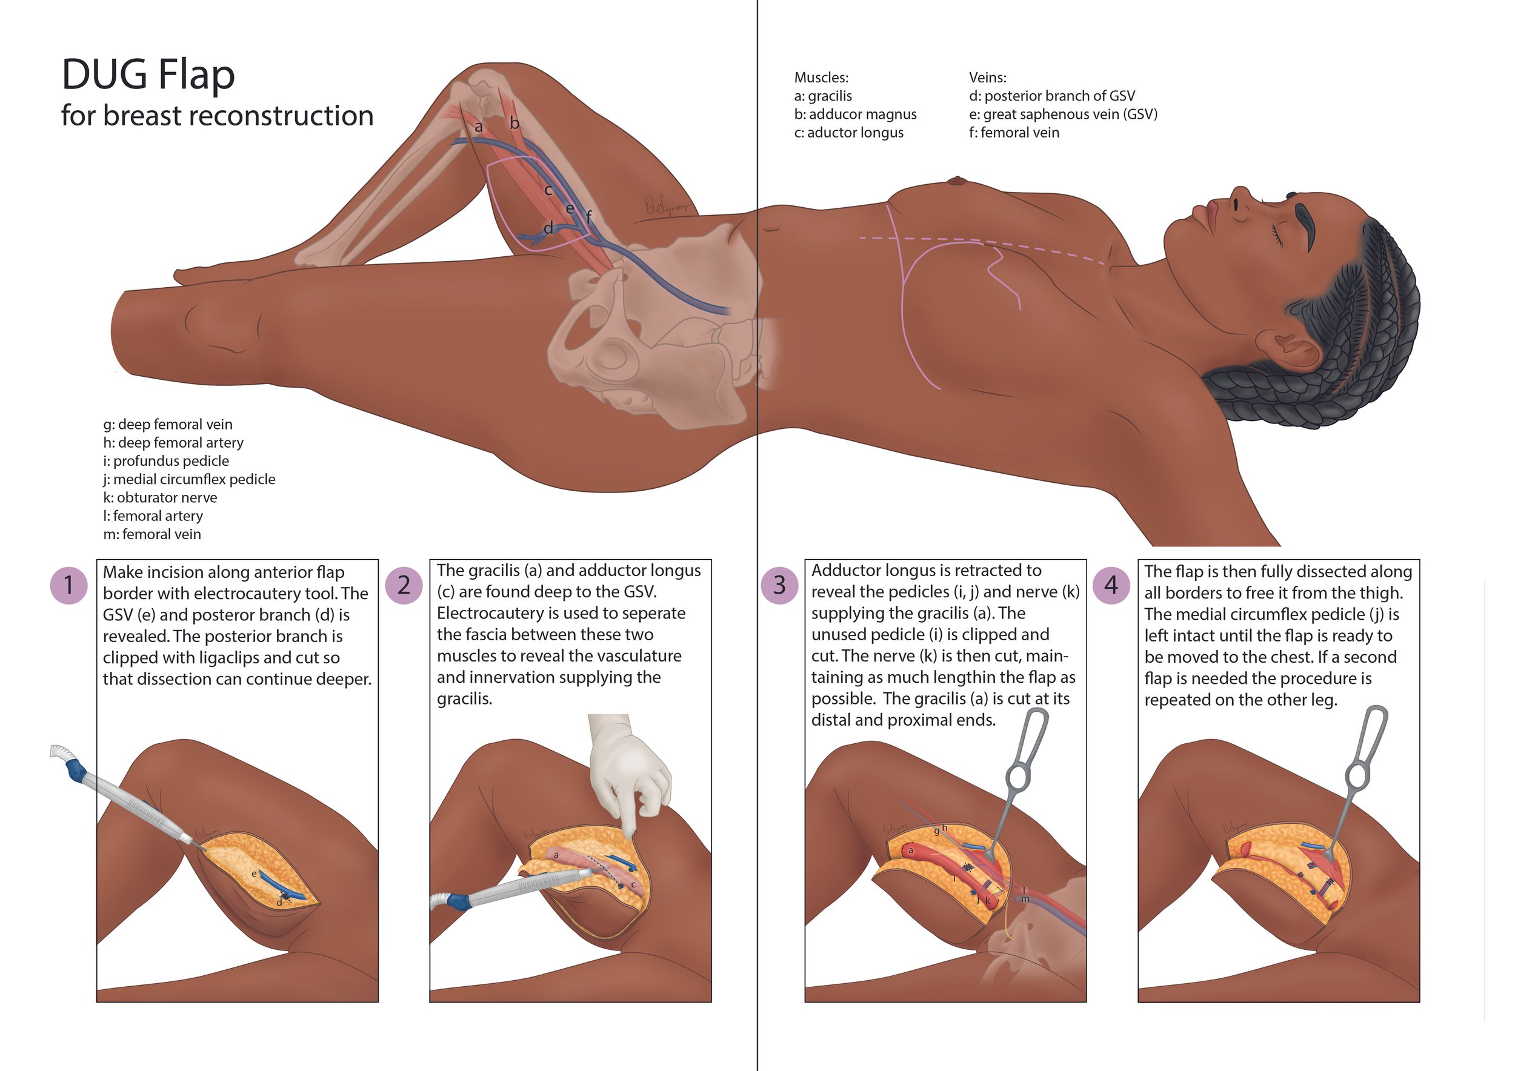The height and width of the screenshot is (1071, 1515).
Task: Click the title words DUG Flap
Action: click(x=148, y=74)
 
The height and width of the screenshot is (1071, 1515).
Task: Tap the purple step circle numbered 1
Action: click(x=68, y=585)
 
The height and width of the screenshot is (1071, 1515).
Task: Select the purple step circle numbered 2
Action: click(x=404, y=585)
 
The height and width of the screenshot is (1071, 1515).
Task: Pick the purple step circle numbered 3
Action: click(x=779, y=585)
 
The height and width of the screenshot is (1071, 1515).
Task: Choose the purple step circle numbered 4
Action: click(x=1111, y=585)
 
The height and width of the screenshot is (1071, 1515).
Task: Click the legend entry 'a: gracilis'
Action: click(x=823, y=96)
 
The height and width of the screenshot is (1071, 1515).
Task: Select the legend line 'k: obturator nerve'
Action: click(x=160, y=497)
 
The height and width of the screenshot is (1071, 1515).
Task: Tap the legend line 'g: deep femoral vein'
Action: click(x=168, y=424)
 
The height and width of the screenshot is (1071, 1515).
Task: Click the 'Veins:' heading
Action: click(x=987, y=77)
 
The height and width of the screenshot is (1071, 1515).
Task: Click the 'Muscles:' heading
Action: click(x=821, y=77)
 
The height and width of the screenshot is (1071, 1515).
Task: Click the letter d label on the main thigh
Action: click(x=548, y=228)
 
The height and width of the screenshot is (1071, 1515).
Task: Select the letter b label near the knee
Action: click(x=514, y=122)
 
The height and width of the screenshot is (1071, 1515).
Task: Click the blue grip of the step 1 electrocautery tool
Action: click(x=75, y=768)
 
